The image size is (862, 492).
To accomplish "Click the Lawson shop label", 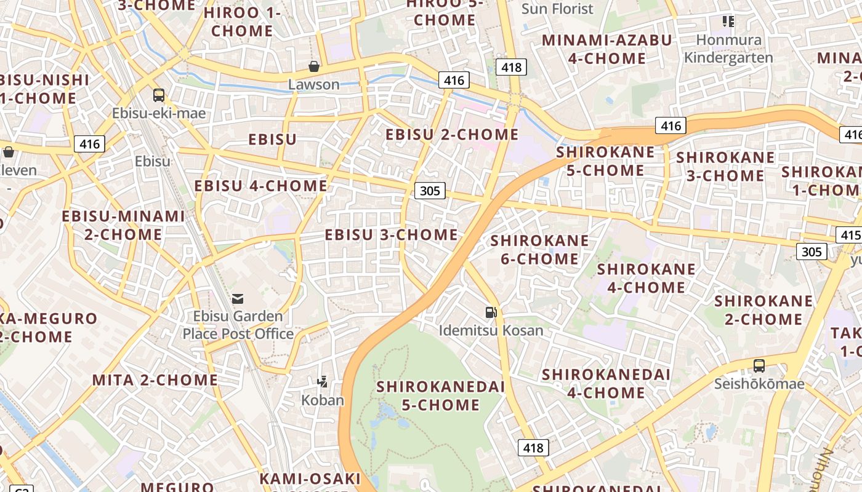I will tap(314, 84).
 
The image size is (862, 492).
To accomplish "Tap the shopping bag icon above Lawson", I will tap(314, 66).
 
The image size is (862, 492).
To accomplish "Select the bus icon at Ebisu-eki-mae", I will tap(159, 95).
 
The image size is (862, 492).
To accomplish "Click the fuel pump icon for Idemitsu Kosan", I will tap(491, 312).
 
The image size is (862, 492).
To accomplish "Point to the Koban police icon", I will tap(322, 382).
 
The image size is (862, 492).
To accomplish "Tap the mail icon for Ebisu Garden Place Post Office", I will tap(238, 299).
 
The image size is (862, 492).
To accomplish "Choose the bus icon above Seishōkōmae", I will tap(759, 366).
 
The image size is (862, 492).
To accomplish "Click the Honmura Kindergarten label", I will tap(728, 49).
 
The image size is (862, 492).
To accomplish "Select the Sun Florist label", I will tap(557, 9).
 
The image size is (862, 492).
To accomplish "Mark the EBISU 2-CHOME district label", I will tap(452, 134).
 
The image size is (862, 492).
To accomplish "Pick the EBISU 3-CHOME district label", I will tap(392, 235).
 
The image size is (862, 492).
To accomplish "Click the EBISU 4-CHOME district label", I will tap(261, 186).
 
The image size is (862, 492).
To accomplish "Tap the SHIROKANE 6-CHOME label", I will tap(539, 250).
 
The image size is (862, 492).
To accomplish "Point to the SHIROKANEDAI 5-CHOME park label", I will tap(440, 395).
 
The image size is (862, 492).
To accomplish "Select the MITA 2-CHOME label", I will tap(155, 380).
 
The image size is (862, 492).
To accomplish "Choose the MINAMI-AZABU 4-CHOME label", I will tap(606, 49).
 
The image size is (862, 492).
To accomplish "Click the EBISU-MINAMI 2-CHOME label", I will tap(123, 225).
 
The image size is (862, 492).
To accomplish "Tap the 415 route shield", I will tap(849, 235).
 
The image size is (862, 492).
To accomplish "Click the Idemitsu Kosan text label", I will tap(491, 330).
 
